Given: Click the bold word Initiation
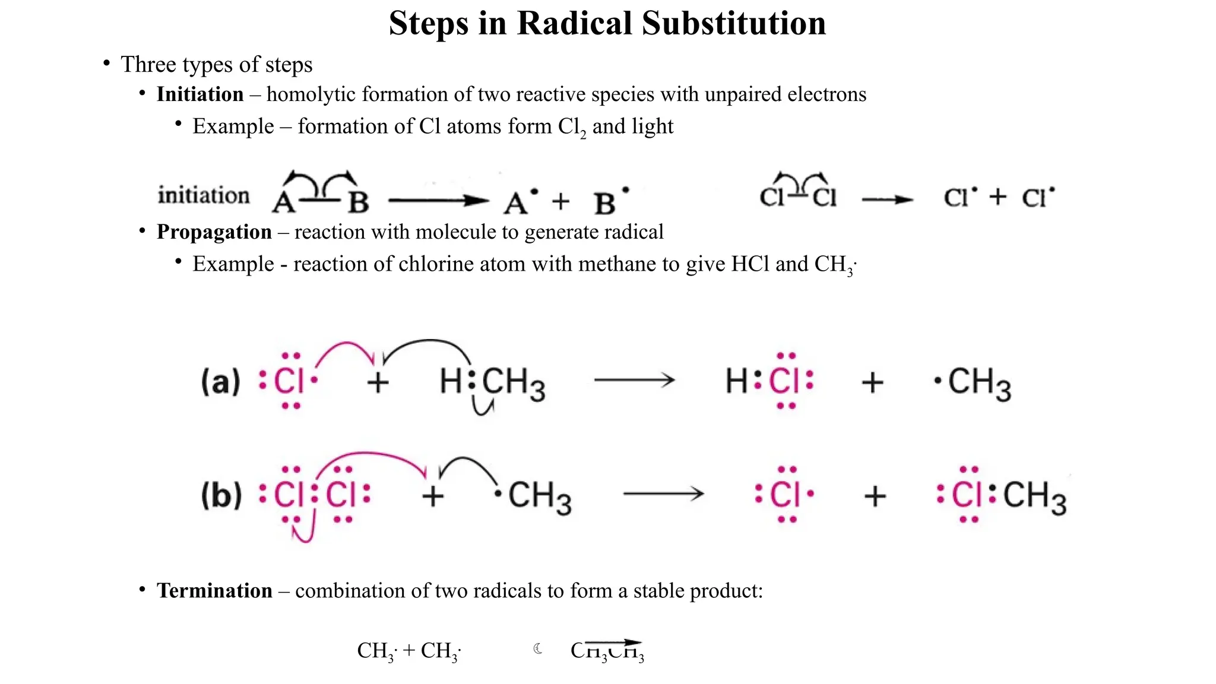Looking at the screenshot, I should click(x=200, y=94).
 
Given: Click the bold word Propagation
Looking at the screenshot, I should click(x=214, y=232).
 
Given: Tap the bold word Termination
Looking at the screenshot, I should click(x=214, y=591).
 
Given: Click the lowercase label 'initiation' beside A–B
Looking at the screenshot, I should click(x=204, y=195).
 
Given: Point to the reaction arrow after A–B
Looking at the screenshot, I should click(x=438, y=201).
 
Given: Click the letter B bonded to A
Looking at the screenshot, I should click(x=358, y=202).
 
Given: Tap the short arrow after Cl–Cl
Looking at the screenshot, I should click(x=887, y=200).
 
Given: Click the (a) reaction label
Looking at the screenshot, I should click(x=220, y=381).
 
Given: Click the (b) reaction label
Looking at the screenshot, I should click(x=221, y=495).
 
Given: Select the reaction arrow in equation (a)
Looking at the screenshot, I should click(x=634, y=380).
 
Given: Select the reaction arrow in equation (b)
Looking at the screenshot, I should click(x=663, y=493).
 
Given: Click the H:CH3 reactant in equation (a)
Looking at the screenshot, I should click(x=492, y=382).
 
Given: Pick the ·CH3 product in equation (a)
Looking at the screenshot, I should click(x=974, y=382).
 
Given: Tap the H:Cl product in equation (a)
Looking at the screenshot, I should click(x=769, y=381).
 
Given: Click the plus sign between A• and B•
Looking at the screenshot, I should click(x=560, y=202).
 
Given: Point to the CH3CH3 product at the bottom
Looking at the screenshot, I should click(x=607, y=651).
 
